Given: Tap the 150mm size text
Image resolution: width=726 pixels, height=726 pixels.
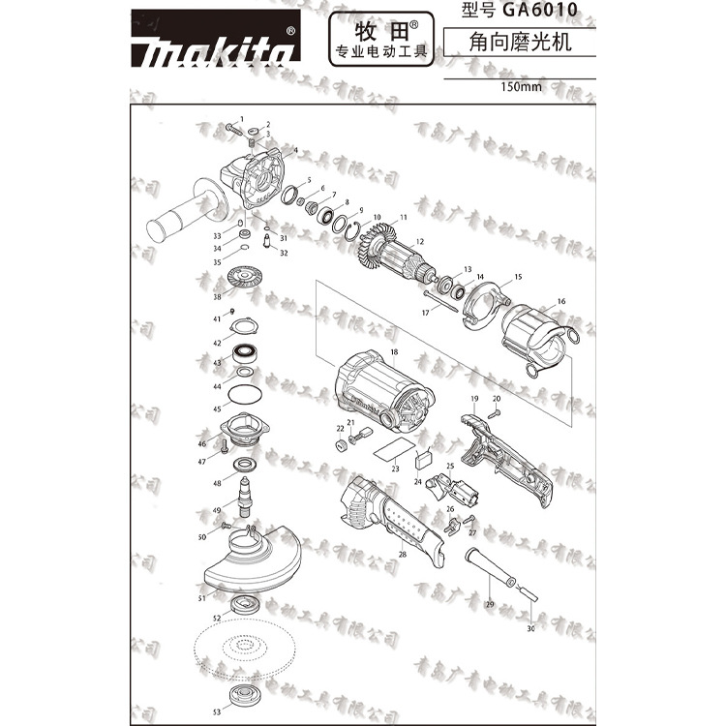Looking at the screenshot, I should click(x=520, y=86).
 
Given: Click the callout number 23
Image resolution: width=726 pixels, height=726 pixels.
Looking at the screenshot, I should click(x=395, y=469).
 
